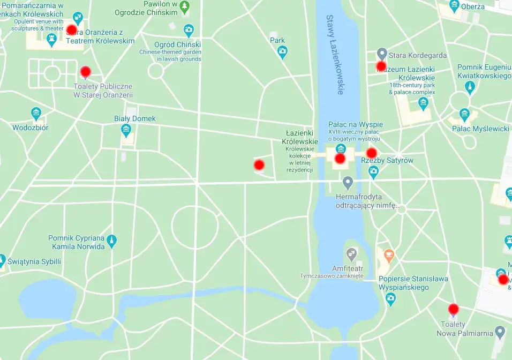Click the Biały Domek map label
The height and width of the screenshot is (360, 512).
(134, 118)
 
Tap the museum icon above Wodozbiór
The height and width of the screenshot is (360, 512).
(36, 114)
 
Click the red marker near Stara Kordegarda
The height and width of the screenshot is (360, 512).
(381, 66)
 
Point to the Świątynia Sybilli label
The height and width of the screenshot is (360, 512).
(34, 262)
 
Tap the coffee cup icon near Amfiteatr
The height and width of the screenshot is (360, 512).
(389, 254)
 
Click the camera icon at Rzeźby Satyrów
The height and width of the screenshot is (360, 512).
(374, 172)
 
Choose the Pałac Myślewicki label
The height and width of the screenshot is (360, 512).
(480, 129)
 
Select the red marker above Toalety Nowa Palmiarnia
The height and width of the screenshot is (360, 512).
(454, 309)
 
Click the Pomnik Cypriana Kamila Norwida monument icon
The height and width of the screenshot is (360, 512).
(111, 240)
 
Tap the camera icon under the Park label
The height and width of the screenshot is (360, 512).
(282, 51)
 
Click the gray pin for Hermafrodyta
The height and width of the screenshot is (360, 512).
(348, 183)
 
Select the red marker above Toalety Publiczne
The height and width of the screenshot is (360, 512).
(85, 72)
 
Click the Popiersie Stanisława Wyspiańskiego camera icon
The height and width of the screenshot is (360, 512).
(390, 298)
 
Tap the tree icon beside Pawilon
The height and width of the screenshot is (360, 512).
(185, 7)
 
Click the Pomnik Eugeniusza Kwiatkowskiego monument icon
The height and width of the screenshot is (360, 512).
(470, 86)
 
